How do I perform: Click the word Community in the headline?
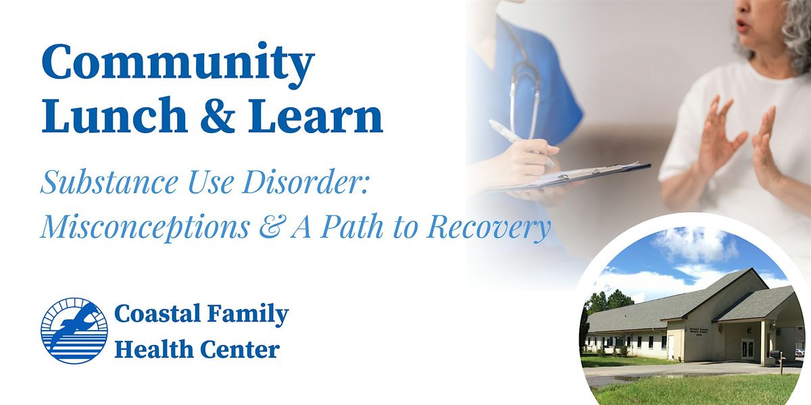(x=178, y=63)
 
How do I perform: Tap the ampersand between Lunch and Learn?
(x=218, y=115)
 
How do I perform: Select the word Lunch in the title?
(x=114, y=115)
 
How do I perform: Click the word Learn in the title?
(x=316, y=115)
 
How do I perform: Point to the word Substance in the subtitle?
(x=109, y=182)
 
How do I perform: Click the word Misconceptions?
(x=145, y=227)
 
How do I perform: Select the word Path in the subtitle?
(x=352, y=226)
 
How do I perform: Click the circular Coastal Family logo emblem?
(x=74, y=331)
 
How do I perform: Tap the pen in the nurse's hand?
(x=521, y=142)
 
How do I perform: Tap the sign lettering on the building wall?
(x=698, y=332)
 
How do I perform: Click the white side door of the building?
(x=671, y=347)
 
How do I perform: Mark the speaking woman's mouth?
(x=742, y=26)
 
